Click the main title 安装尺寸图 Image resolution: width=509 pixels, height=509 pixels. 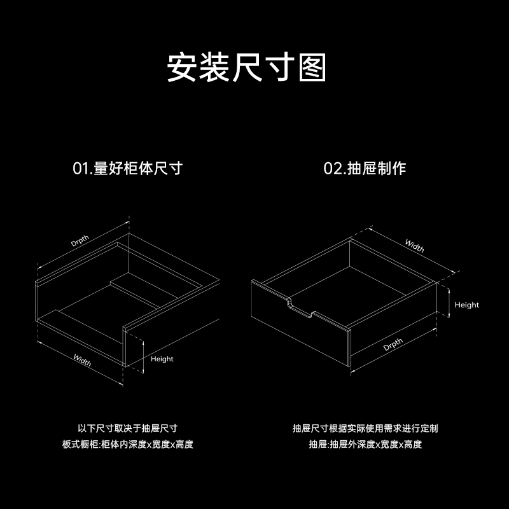[247, 67]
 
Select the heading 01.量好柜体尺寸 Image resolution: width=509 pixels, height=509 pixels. [128, 169]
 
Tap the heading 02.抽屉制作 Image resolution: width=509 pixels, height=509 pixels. [365, 169]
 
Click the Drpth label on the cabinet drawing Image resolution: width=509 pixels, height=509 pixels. [80, 241]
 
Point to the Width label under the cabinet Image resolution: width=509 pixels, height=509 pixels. [82, 360]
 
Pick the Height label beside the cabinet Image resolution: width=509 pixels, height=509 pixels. [162, 359]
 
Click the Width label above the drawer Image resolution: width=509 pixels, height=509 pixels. [415, 246]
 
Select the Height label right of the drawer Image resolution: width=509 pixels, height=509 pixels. [467, 305]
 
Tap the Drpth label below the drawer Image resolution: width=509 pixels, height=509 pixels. [393, 344]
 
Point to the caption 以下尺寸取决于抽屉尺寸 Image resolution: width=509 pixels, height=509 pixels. [128, 428]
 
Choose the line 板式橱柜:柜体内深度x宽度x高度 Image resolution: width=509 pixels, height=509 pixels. [128, 444]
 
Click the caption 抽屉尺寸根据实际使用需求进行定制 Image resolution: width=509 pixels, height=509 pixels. [365, 428]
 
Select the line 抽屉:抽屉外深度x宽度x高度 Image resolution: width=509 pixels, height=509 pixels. [365, 444]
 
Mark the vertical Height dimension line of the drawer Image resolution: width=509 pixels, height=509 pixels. [449, 303]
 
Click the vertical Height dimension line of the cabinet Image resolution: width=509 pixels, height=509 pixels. [143, 356]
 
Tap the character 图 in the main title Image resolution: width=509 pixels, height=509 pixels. [312, 67]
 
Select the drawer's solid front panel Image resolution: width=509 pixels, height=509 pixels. [300, 324]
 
